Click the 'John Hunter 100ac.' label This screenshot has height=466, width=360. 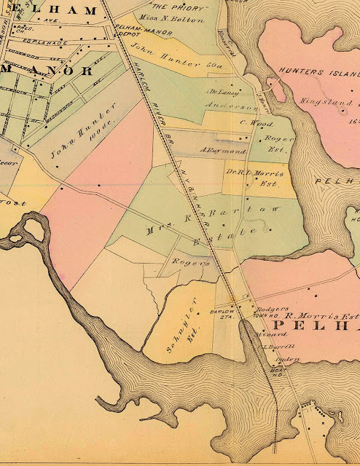pyautogui.click(x=73, y=138)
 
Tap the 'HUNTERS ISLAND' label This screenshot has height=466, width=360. pyautogui.click(x=319, y=74)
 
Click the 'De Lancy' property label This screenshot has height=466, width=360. pyautogui.click(x=224, y=93)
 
